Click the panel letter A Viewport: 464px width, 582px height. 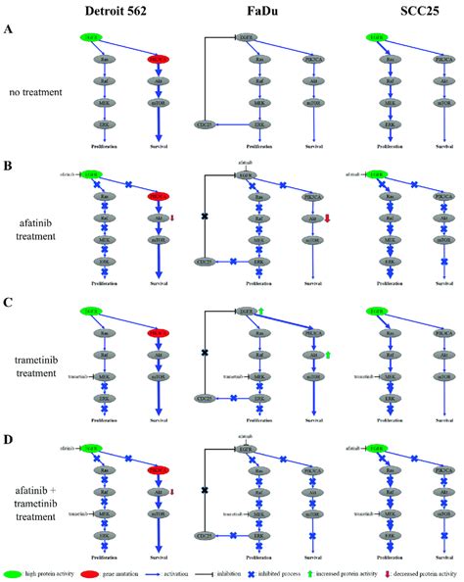9,30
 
